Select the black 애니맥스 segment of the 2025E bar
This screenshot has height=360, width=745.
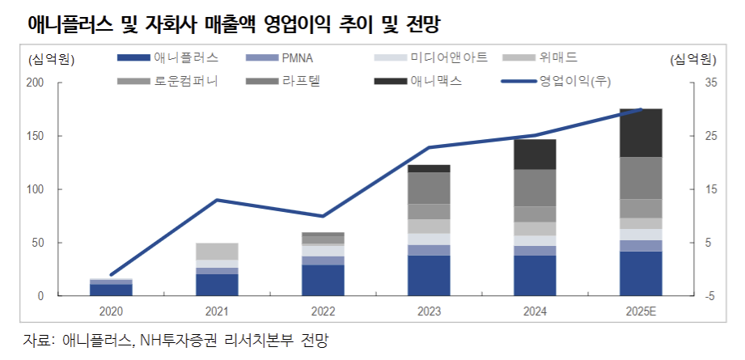pos(641,133)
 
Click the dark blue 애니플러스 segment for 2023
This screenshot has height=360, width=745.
pos(429,276)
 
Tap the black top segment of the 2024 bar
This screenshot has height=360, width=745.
pos(535,155)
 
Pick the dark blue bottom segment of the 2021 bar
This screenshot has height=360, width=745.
pos(217,285)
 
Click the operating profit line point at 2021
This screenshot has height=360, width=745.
pos(217,200)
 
